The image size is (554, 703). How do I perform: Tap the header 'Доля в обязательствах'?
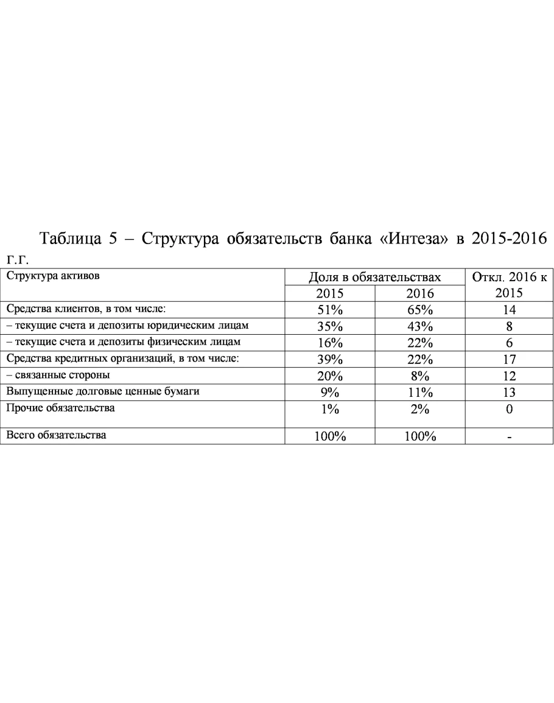pos(374,277)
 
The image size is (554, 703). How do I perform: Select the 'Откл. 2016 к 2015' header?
pos(509,284)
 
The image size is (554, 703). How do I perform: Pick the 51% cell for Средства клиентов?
pos(330,309)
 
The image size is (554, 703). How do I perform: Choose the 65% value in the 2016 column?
pos(419,309)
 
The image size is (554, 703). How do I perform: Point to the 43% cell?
pos(419,326)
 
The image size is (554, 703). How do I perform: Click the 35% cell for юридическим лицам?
pos(330,326)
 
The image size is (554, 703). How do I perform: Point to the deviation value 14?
pos(509,309)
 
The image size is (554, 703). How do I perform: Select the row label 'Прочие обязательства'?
pos(60,408)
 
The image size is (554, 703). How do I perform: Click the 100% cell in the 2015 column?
pos(330,436)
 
